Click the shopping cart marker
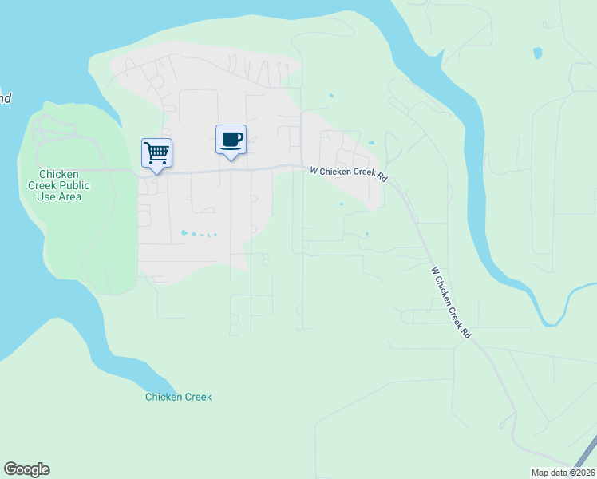tap(156, 152)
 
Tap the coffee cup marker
tap(231, 140)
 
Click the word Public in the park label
tap(77, 185)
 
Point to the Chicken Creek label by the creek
tap(178, 397)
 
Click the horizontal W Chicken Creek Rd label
tap(349, 173)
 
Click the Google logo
tap(26, 469)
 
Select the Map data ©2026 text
tap(563, 473)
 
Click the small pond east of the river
tap(537, 53)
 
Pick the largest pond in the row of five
tap(184, 232)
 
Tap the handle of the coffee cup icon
tap(241, 137)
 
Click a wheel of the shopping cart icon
tap(152, 162)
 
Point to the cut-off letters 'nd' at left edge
tap(5, 99)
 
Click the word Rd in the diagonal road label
tap(465, 332)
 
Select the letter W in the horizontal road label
tap(314, 169)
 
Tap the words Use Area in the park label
tap(59, 196)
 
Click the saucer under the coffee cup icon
tap(231, 147)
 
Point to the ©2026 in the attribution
tap(579, 473)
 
